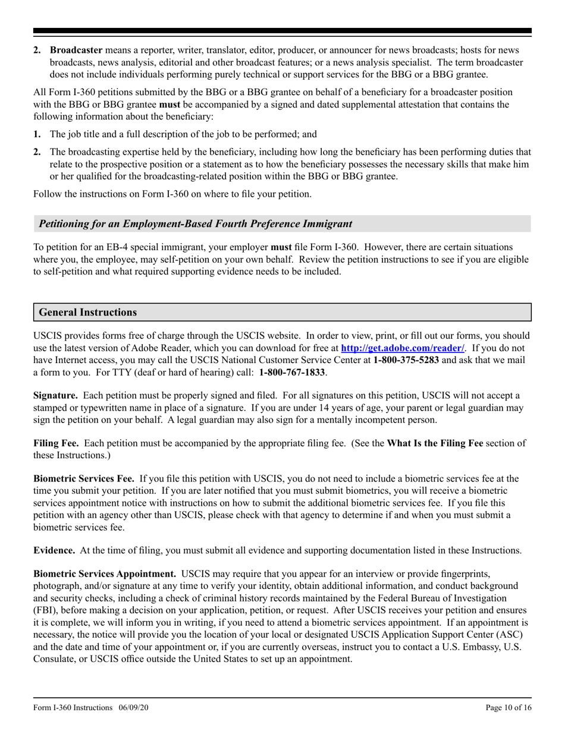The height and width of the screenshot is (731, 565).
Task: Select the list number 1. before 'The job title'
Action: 37,134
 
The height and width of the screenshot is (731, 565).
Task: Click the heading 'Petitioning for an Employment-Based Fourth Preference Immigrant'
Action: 195,224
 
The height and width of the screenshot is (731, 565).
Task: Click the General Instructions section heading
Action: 87,312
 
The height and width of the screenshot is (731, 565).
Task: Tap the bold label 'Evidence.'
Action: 54,550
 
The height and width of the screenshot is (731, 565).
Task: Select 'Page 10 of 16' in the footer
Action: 508,707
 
